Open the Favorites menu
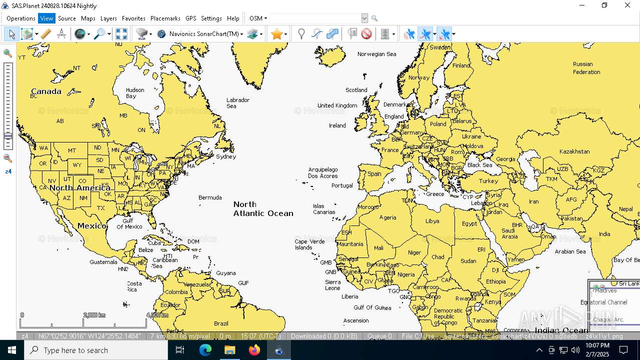tap(133, 18)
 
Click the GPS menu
tap(190, 18)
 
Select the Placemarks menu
tap(165, 18)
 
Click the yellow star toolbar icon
tap(276, 34)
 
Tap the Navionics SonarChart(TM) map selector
tap(204, 34)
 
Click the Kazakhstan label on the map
tap(574, 151)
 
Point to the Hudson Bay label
tap(134, 93)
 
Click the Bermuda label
tap(210, 197)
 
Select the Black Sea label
tap(479, 165)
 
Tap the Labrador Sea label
tap(238, 103)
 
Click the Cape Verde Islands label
tap(309, 244)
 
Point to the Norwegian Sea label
tap(376, 54)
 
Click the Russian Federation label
tap(586, 68)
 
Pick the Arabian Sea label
tap(570, 251)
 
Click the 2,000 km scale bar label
tap(94, 315)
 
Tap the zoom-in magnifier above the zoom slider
tap(7, 53)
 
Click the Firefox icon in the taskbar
tap(254, 350)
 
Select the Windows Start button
tap(12, 350)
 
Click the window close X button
tap(627, 5)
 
